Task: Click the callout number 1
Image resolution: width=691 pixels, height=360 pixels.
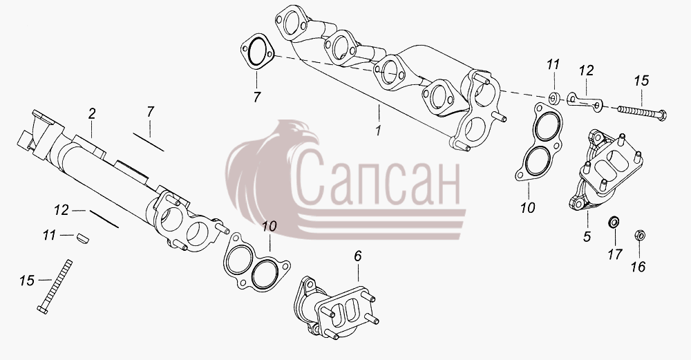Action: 378,131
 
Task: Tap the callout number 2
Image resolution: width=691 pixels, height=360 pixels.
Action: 91,114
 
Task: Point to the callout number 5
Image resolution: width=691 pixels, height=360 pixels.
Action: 587,236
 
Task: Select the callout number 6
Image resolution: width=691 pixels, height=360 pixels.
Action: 358,256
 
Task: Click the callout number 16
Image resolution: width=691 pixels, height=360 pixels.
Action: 638,267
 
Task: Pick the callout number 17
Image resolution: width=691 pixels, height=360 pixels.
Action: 615,254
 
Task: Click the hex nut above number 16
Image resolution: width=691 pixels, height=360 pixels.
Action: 639,236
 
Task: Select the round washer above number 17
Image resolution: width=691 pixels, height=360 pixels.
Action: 612,222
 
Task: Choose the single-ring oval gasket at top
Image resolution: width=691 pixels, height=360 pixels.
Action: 257,52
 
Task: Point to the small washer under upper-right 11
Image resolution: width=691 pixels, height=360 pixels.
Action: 554,98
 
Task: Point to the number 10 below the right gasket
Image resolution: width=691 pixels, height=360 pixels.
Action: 527,207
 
